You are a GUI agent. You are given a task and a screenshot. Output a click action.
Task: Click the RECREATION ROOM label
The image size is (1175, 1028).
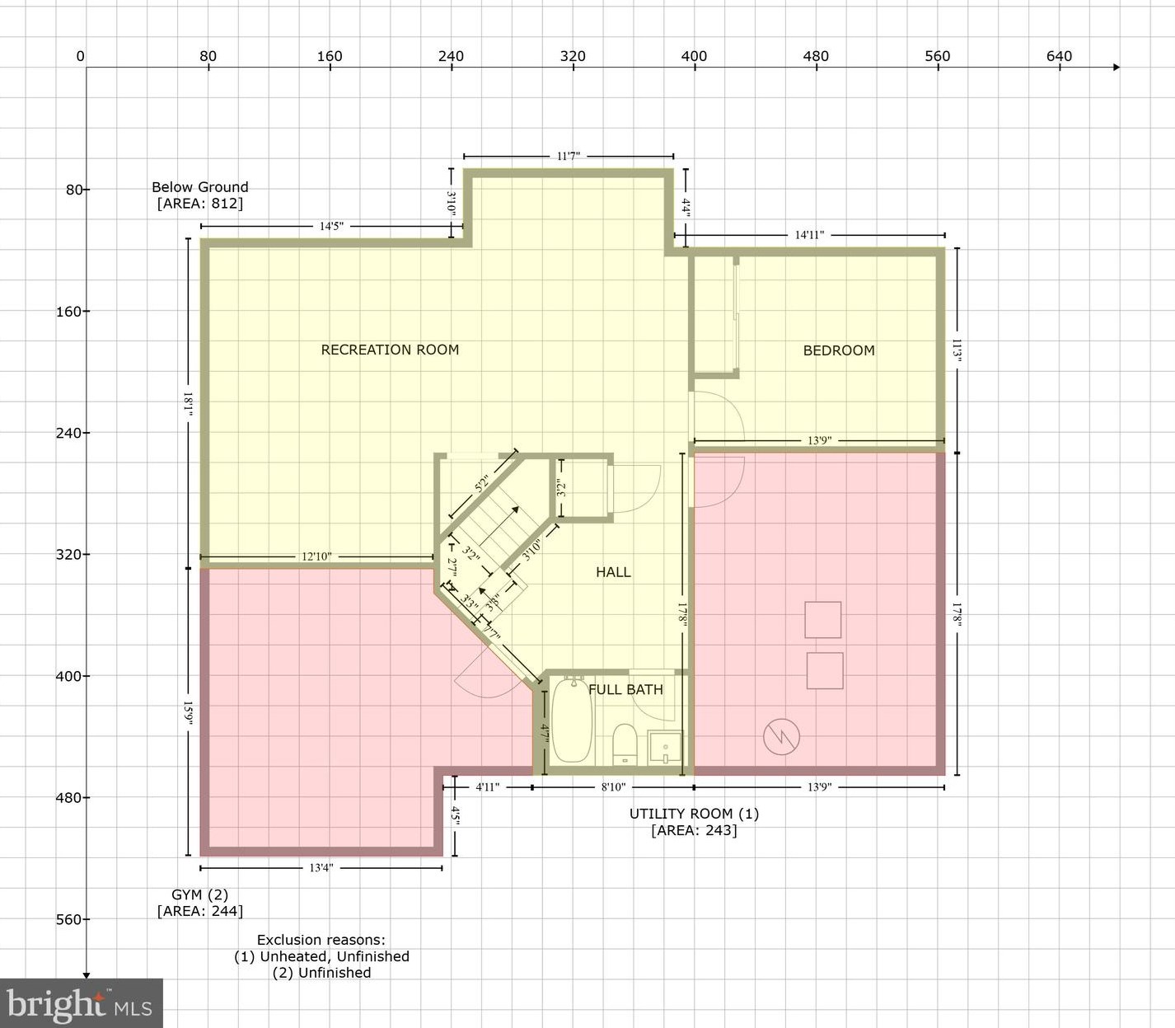point(390,350)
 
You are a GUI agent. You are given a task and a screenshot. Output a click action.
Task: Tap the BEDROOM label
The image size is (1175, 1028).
point(839,350)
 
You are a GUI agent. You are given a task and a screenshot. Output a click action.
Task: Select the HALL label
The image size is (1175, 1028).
point(613,572)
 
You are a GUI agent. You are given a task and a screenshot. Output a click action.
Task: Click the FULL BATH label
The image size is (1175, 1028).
point(625,689)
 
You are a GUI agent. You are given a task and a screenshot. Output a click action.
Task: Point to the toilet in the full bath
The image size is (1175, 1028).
point(625,744)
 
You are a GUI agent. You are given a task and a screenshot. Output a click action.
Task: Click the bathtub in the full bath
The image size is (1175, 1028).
point(572,721)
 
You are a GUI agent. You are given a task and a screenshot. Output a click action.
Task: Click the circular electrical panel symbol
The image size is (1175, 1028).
point(782,737)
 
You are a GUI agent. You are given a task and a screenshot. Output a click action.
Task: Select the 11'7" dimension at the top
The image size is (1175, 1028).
point(569,156)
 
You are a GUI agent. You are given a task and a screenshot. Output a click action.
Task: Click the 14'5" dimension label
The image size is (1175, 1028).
point(331,226)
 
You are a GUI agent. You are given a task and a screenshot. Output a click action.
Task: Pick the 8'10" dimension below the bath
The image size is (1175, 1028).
point(613,787)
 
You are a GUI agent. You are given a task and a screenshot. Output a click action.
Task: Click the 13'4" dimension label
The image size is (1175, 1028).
point(321,868)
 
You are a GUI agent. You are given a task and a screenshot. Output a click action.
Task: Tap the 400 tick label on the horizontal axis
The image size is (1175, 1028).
point(694,56)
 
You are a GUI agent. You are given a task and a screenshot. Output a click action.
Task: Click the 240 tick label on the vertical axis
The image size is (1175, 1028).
point(68,433)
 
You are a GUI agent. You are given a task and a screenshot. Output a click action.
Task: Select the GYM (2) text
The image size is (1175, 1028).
point(200,894)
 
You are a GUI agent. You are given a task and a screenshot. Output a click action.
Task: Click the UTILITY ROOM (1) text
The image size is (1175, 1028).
point(694,814)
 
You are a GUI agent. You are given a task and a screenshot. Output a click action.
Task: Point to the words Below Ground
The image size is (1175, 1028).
point(200,187)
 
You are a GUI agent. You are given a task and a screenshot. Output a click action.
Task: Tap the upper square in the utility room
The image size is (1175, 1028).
point(822,619)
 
